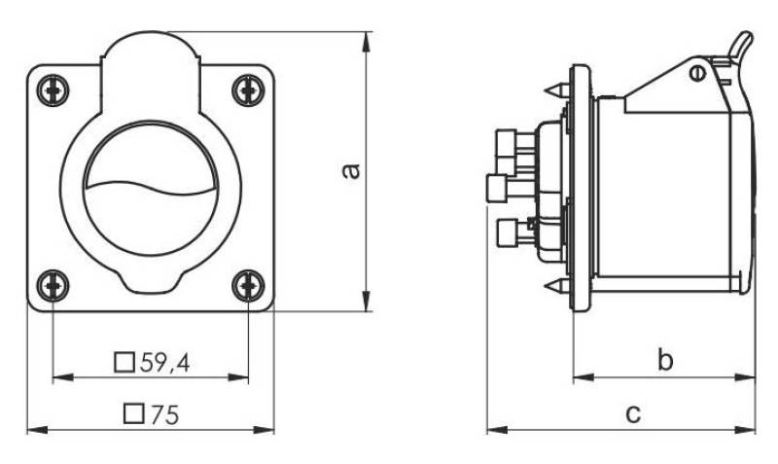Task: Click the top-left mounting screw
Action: (53, 90)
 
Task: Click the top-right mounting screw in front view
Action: (248, 90)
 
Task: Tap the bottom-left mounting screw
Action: (53, 286)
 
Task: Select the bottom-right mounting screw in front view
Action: (248, 286)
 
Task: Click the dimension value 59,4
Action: (165, 363)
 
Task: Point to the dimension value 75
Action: (164, 414)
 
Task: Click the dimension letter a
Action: (352, 170)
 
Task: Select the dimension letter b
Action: (665, 359)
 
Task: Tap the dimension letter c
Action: (633, 413)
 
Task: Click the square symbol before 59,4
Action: (124, 363)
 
